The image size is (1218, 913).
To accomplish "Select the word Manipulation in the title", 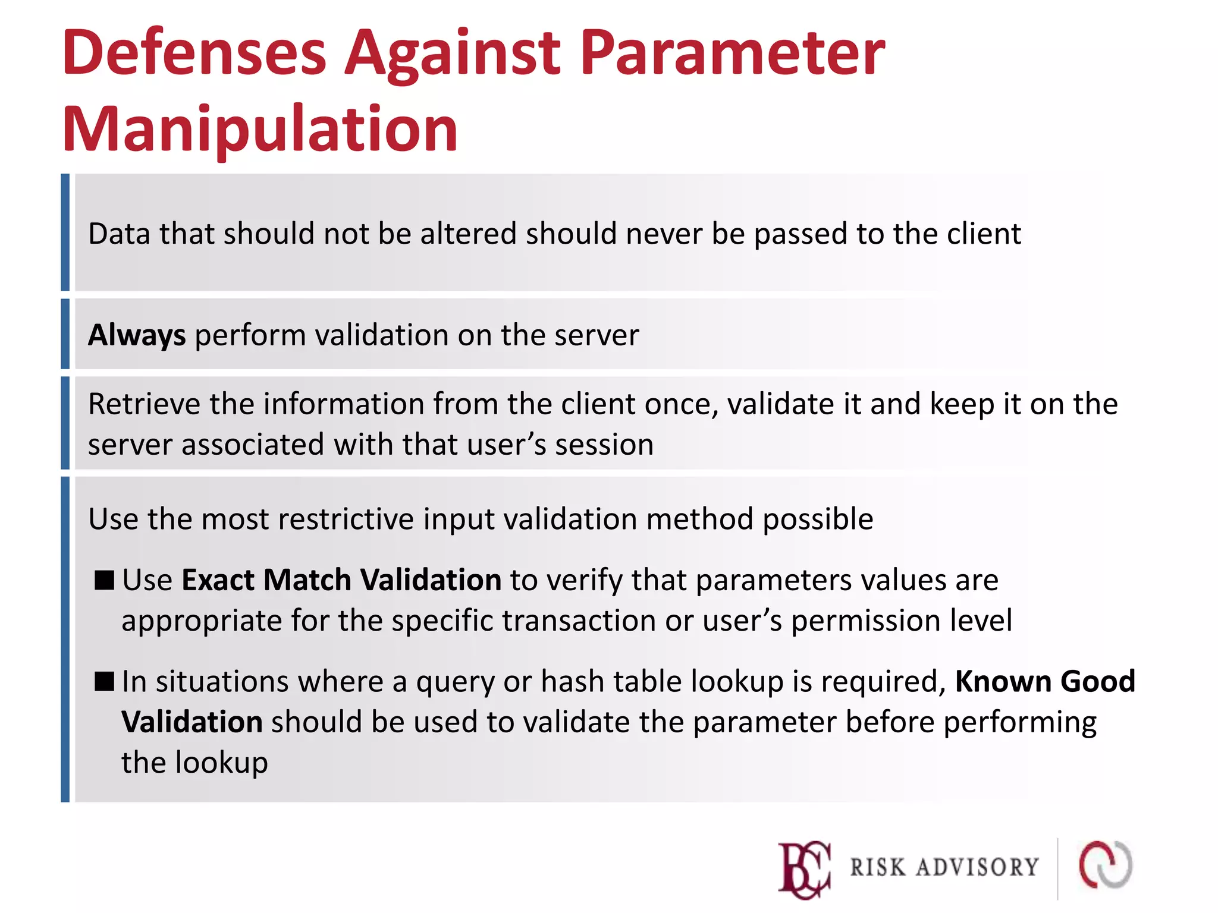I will point(260,130).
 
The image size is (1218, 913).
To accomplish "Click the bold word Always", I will point(137,335).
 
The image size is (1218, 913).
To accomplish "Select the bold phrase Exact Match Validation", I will point(341,580).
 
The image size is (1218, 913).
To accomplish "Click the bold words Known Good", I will point(1045,681).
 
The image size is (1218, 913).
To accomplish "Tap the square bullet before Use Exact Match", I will point(104,580).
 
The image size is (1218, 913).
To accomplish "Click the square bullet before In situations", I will point(104,681).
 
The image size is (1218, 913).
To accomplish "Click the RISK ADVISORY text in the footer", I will point(944,868).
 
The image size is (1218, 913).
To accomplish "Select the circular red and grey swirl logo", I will point(1106,865).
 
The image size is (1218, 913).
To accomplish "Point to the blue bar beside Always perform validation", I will point(65,334).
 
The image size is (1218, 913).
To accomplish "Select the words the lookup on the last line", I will point(194,763).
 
